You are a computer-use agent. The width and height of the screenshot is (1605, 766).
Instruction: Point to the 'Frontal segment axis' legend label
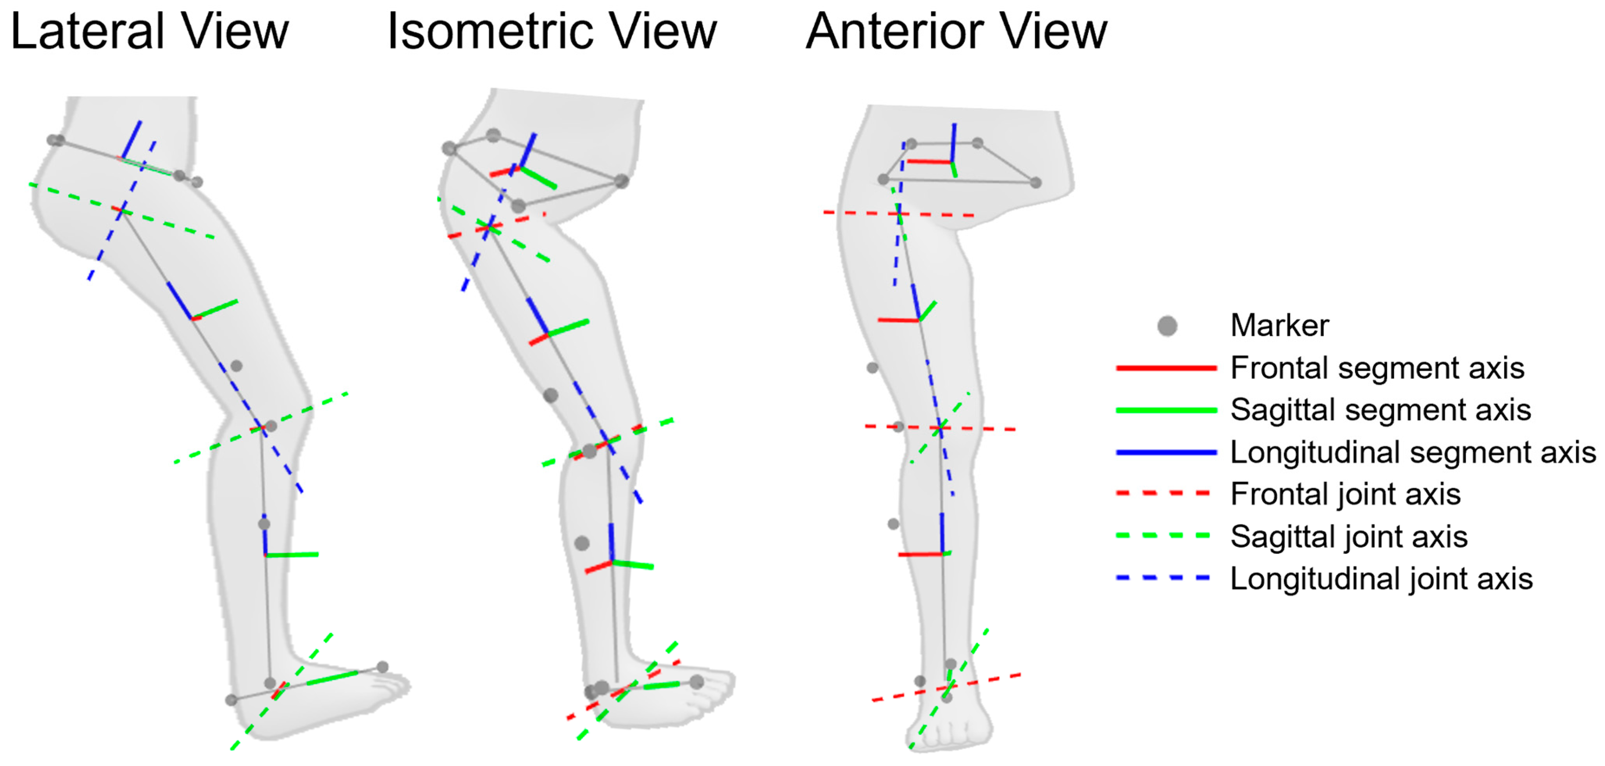tap(1377, 368)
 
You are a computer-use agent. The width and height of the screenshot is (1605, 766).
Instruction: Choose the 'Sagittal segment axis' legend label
tap(1381, 410)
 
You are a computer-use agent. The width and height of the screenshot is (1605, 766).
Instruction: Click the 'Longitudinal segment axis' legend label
tap(1413, 452)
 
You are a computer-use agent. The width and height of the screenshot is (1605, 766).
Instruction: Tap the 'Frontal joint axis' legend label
tap(1345, 494)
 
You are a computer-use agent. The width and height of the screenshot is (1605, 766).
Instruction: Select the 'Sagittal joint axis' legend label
tap(1349, 537)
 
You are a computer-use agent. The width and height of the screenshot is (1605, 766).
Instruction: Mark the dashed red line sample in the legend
tap(1163, 494)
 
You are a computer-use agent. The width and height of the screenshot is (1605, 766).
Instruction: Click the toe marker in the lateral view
tap(383, 667)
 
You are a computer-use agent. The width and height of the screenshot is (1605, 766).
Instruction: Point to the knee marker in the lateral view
tap(271, 427)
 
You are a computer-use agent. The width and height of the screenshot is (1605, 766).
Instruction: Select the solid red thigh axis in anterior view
tap(898, 320)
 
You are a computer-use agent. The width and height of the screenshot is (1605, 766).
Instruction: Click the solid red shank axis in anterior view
tap(920, 554)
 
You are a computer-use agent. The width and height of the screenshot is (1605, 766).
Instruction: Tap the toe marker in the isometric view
tap(697, 682)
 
